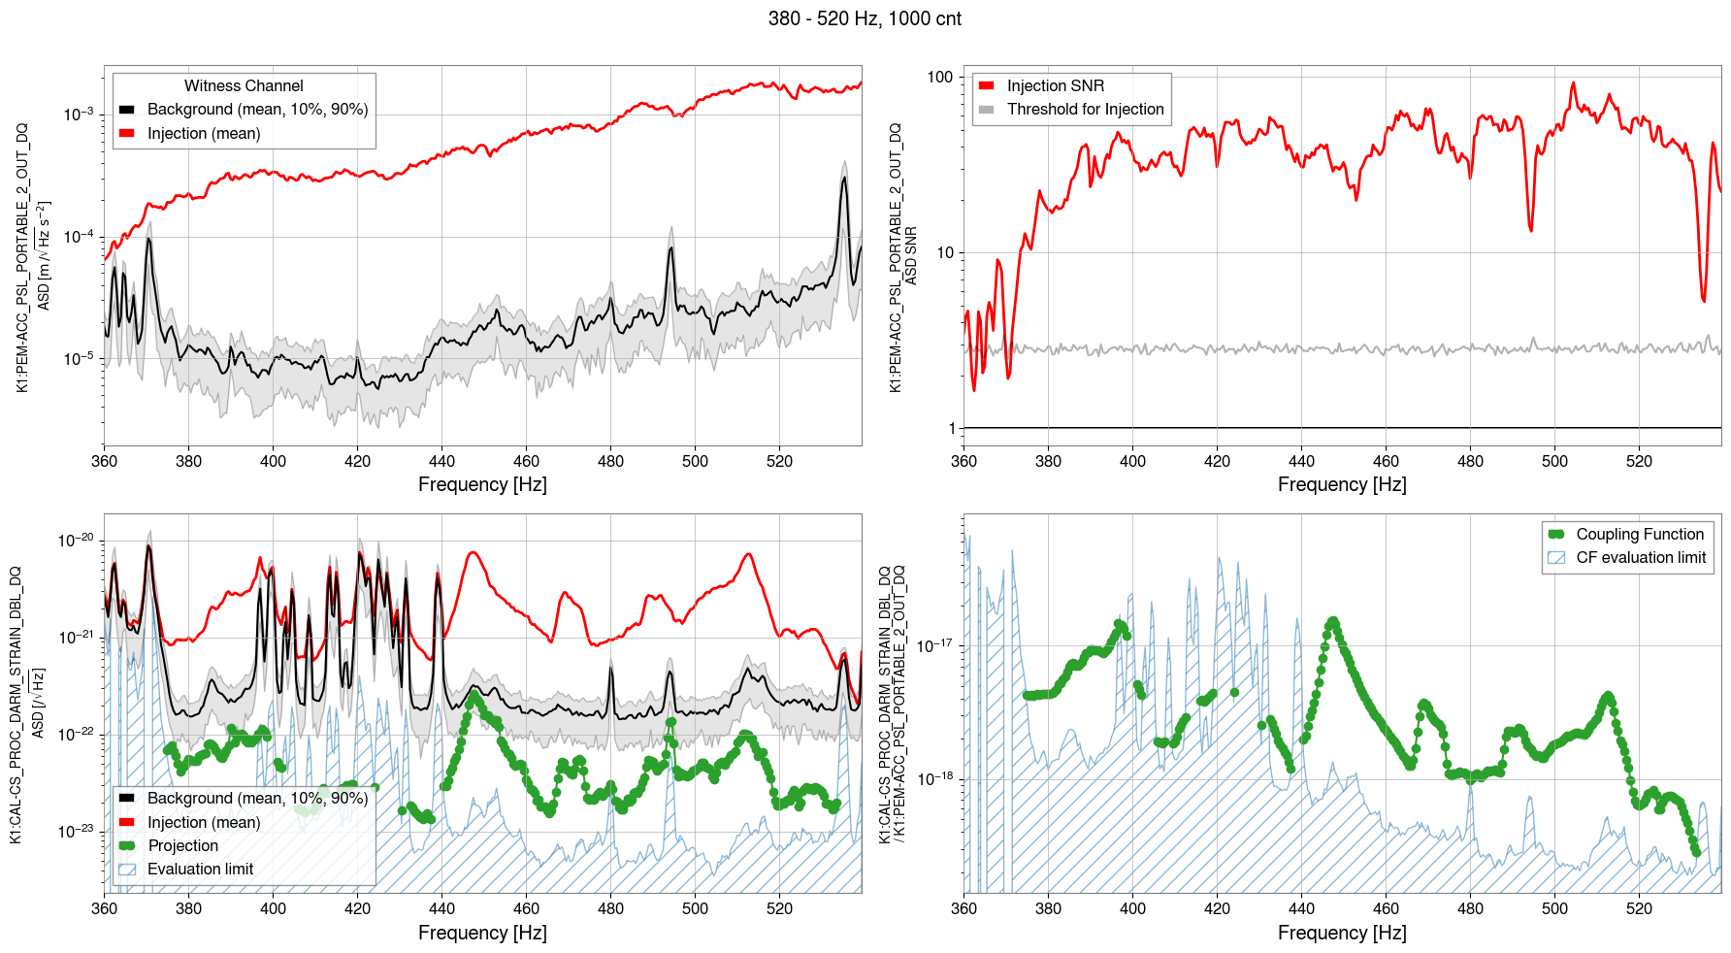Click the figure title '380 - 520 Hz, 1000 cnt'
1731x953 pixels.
[865, 18]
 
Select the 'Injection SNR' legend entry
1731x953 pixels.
[1055, 86]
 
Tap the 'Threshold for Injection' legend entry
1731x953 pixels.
[1085, 110]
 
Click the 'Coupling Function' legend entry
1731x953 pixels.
[1639, 535]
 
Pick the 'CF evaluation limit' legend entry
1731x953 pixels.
[1640, 558]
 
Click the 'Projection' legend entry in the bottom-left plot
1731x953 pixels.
[182, 846]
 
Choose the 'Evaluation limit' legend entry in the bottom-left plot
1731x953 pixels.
[200, 870]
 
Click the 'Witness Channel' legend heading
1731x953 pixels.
[244, 86]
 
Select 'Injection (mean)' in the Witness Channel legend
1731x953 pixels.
[204, 134]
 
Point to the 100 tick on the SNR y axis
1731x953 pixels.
[940, 78]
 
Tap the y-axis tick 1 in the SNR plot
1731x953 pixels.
[952, 428]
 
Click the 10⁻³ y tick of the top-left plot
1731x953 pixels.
[79, 115]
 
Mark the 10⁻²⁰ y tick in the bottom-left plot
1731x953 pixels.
[76, 541]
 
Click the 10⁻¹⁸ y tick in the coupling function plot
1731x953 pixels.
[935, 778]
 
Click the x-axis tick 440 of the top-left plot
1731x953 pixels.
[441, 461]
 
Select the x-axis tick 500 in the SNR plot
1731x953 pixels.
[1554, 461]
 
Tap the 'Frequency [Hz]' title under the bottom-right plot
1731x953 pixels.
[1342, 933]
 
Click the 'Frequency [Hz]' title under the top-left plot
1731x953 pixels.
[482, 484]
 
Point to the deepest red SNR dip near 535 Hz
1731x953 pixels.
[1704, 300]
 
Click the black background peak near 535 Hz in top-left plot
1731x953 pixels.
[844, 179]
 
